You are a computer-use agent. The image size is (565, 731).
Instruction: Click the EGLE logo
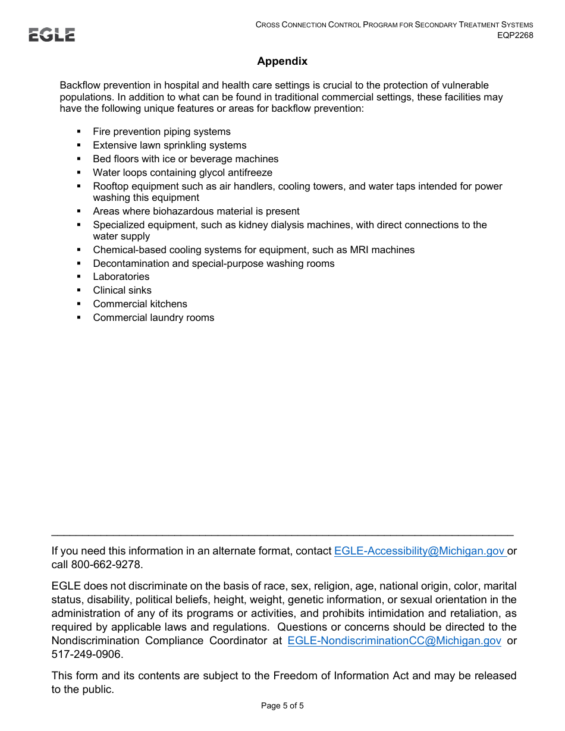click(x=52, y=35)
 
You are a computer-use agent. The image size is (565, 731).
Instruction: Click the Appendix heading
click(x=282, y=61)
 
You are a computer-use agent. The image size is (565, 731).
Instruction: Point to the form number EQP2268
click(x=515, y=35)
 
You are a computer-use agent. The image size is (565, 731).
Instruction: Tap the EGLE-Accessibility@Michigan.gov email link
click(x=419, y=551)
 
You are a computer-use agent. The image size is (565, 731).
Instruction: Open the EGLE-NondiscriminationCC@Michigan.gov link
click(x=394, y=641)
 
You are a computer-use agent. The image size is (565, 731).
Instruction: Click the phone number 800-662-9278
click(x=106, y=565)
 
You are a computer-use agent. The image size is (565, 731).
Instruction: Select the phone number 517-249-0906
click(x=86, y=654)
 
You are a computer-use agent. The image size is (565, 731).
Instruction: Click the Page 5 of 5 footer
click(x=282, y=706)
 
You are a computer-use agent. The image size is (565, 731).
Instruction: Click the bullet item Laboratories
click(x=121, y=277)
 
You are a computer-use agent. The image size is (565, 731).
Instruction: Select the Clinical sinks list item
click(x=122, y=291)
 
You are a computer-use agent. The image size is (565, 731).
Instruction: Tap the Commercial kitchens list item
click(x=140, y=304)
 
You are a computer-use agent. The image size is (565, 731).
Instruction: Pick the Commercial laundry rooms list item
click(x=153, y=318)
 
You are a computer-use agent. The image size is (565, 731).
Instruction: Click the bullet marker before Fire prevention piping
click(x=79, y=132)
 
